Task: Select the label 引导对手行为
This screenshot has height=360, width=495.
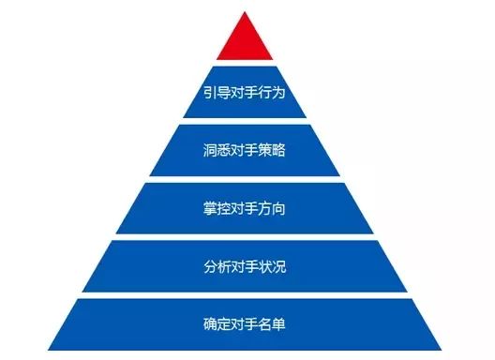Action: [x=245, y=93]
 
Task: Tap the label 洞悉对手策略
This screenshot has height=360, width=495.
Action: [x=245, y=150]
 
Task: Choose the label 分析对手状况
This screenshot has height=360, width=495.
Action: [x=245, y=267]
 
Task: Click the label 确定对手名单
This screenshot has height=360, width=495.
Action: [x=245, y=324]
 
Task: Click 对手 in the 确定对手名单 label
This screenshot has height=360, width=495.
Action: [x=245, y=324]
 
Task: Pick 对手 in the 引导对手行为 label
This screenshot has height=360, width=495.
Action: [x=245, y=93]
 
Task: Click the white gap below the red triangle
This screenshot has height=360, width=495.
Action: [x=245, y=63]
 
